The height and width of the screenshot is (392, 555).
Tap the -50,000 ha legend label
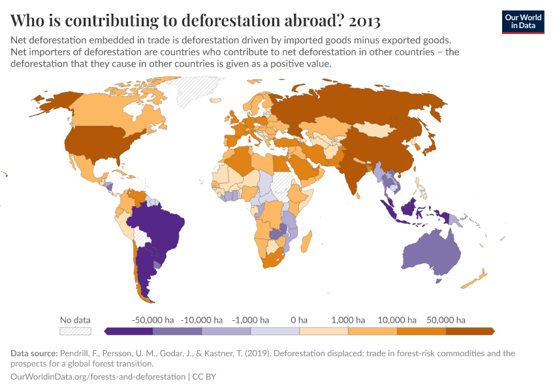pos(153,320)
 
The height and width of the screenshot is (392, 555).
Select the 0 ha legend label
pos(298,320)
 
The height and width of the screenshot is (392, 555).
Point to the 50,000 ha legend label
pos(446,320)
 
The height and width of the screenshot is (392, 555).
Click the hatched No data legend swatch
pos(75,331)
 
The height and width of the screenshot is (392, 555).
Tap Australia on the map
pos(432,252)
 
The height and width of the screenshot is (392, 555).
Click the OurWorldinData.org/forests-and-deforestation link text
pos(99,377)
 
